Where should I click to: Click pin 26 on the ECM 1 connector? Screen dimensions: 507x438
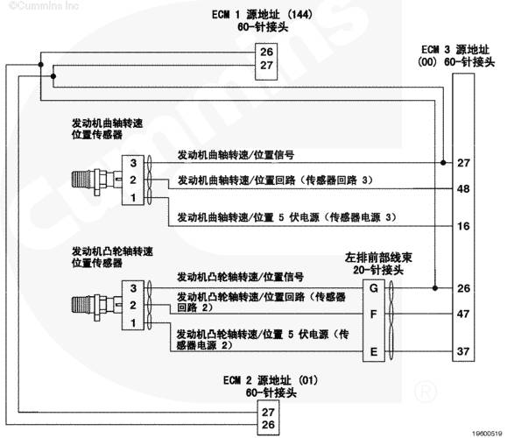coord(267,52)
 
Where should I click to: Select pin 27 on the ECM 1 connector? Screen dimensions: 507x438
coord(267,66)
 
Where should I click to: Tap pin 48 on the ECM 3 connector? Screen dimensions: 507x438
coord(463,188)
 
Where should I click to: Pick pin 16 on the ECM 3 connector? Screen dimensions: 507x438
coord(463,226)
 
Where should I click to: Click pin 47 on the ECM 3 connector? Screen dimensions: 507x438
coord(463,314)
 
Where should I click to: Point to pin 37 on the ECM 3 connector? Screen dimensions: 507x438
coord(463,351)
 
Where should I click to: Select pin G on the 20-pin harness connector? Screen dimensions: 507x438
coord(373,288)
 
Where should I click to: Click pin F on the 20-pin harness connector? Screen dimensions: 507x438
coord(373,314)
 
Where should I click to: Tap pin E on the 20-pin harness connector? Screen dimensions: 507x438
coord(373,351)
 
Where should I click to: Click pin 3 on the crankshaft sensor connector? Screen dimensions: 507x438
coord(133,163)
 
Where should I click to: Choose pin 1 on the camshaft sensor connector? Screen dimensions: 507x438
coord(133,323)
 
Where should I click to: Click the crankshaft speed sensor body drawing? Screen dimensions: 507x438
coord(96,180)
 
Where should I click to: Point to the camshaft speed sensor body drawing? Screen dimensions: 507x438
coord(96,306)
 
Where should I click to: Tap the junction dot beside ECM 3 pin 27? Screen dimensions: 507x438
coord(443,162)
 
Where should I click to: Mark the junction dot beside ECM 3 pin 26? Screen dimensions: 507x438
coord(435,288)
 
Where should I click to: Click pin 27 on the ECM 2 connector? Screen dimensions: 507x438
coord(268,412)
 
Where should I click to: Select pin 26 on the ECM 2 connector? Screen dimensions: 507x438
coord(268,424)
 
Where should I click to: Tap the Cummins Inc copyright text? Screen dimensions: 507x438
coord(43,6)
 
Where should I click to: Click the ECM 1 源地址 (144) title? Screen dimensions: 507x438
coord(263,15)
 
